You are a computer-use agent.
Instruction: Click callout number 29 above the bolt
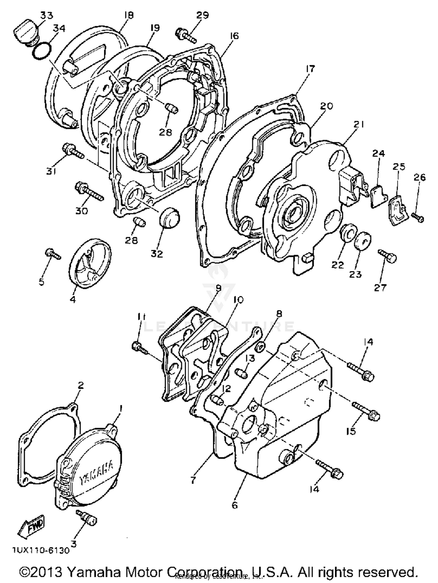click(x=202, y=15)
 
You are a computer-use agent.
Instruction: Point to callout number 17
click(x=310, y=69)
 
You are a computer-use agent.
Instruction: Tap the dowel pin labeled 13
click(x=241, y=373)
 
